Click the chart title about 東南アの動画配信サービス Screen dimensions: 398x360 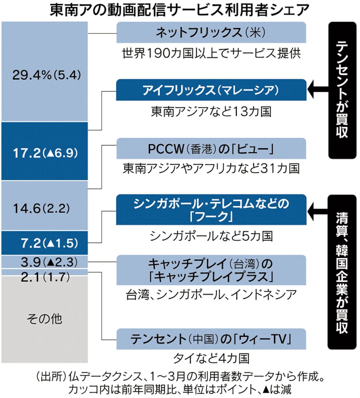coord(180,10)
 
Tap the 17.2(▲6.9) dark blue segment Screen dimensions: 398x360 coord(44,151)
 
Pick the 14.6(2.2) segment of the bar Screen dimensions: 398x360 coord(44,207)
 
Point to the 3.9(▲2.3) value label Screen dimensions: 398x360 coord(44,262)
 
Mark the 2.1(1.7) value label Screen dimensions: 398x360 coord(44,276)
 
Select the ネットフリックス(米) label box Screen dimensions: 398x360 coord(211,32)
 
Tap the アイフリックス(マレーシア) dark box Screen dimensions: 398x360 coord(211,90)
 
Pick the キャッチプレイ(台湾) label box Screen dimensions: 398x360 coord(211,270)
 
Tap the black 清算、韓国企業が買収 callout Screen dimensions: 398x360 coord(342,272)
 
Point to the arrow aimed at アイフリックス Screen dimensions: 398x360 coord(318,90)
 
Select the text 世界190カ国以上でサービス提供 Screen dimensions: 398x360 coord(211,53)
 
